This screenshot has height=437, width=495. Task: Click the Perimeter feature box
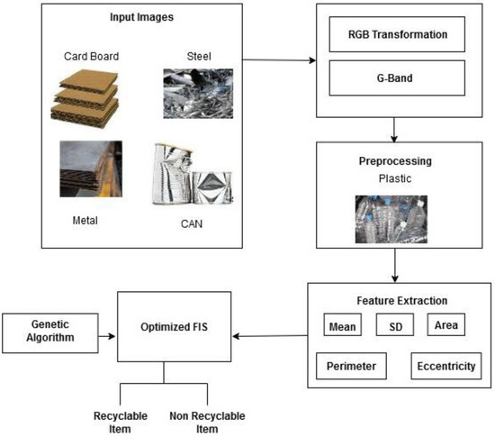pos(352,367)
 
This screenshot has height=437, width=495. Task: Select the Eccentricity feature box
pos(445,367)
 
